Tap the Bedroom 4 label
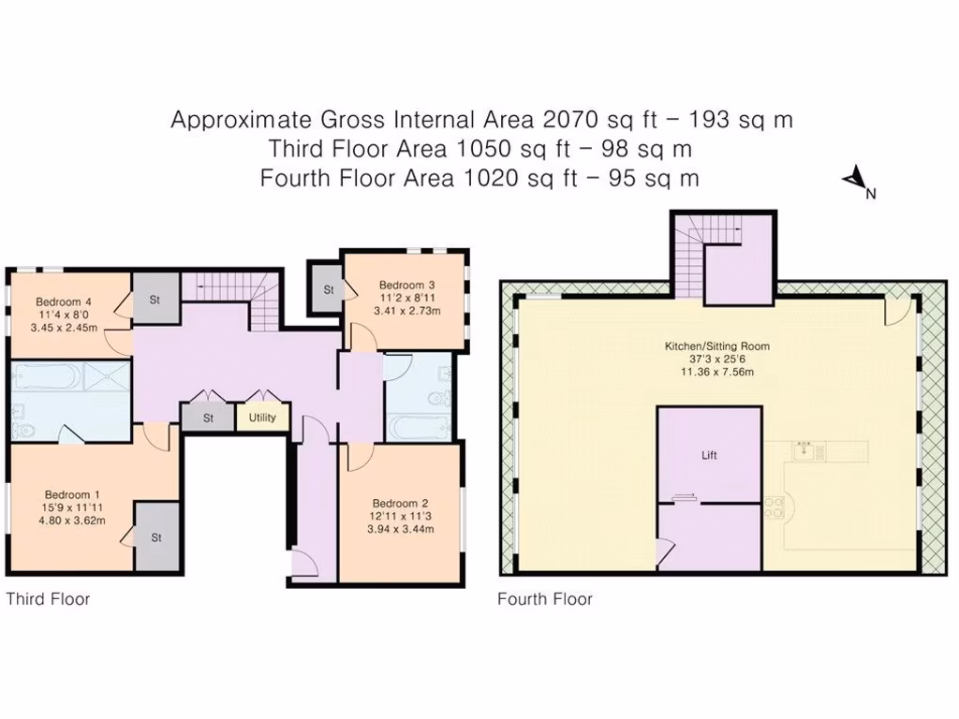64,301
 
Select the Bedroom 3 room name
406,285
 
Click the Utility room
262,418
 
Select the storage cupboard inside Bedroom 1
155,537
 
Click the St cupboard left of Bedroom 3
329,290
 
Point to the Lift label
709,456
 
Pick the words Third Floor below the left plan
49,599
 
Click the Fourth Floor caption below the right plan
544,599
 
